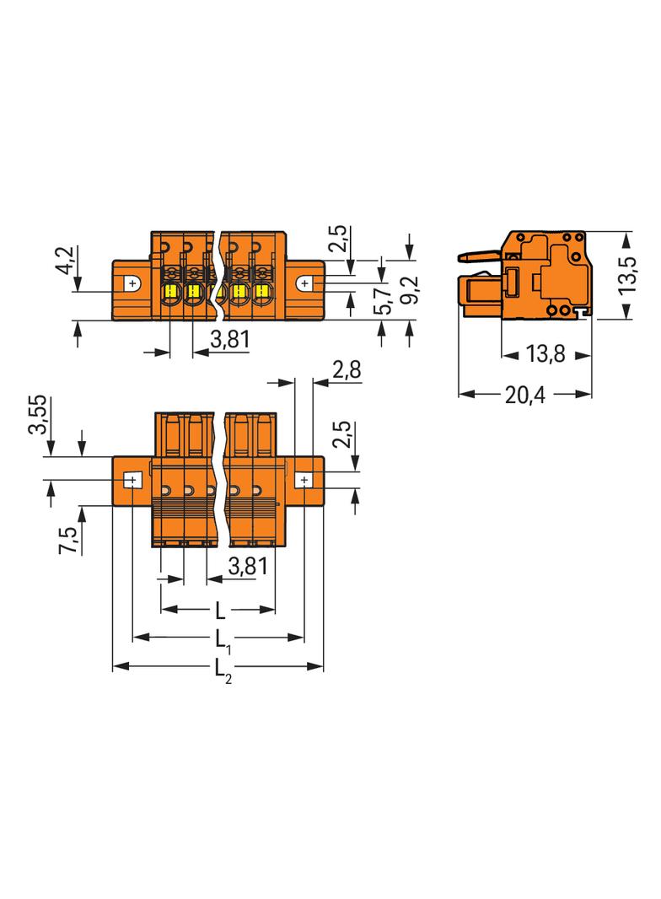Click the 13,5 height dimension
tap(626, 275)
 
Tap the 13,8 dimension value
tap(545, 355)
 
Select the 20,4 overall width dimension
tap(524, 395)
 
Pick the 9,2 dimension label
tap(411, 291)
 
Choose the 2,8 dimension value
tap(347, 369)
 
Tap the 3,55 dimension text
tap(39, 415)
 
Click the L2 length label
tap(221, 668)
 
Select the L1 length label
tap(221, 638)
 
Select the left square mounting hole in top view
tap(132, 481)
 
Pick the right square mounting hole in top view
tap(304, 481)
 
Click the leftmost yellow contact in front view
tap(169, 292)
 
